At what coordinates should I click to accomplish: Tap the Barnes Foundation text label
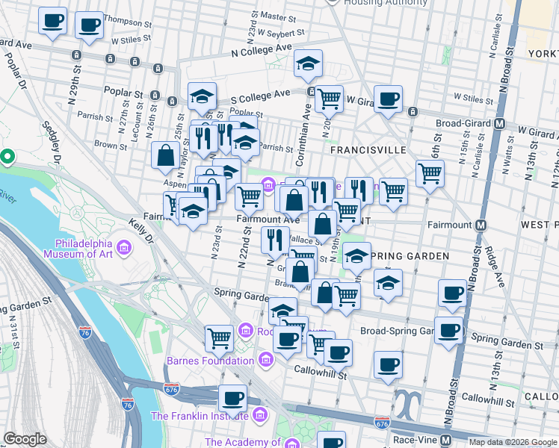(211, 361)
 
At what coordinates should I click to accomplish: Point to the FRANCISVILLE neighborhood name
(369, 149)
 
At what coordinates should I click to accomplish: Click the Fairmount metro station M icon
(483, 224)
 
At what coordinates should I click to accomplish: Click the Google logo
(25, 439)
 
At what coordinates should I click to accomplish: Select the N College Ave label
(261, 49)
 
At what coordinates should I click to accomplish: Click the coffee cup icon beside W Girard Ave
(388, 99)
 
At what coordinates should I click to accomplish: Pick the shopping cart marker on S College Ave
(329, 98)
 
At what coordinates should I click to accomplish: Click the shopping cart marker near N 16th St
(430, 173)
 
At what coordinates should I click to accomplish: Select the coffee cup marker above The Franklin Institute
(232, 398)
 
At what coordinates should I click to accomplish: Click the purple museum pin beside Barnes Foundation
(265, 361)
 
